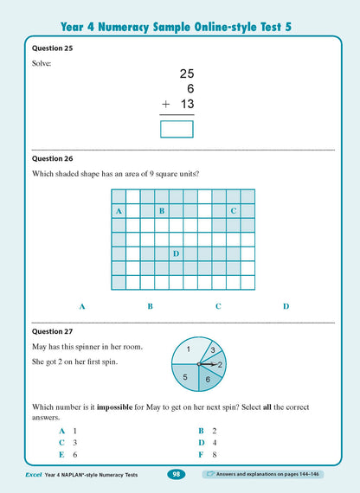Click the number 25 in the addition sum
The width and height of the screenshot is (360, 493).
[185, 76]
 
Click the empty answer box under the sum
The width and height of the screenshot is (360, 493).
[177, 129]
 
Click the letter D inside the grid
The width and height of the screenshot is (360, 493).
[176, 253]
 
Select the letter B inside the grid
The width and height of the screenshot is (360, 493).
[161, 211]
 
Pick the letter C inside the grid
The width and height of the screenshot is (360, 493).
[233, 211]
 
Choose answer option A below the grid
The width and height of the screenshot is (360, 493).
[82, 306]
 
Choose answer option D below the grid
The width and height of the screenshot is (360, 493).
[286, 306]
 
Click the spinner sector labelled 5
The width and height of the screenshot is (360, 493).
[184, 376]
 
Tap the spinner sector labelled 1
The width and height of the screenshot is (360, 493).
[188, 350]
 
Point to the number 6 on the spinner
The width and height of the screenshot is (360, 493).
[207, 380]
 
